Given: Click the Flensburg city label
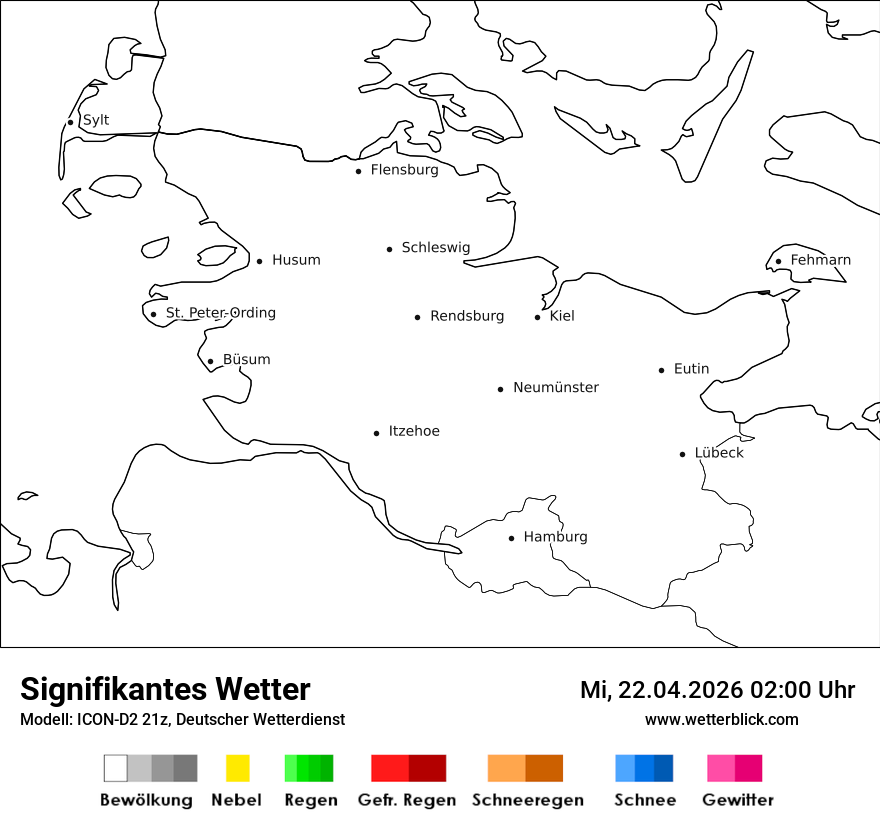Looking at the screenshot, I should tap(404, 170).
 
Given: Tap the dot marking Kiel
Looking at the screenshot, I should tap(538, 317).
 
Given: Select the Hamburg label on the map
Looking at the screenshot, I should tap(555, 537).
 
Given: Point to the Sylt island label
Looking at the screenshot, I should tap(96, 120).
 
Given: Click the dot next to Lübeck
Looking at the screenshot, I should tap(683, 454).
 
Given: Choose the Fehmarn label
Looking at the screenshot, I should tap(820, 260).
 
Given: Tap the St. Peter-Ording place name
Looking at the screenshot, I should tap(220, 313).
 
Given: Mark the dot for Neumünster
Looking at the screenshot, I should tap(501, 389).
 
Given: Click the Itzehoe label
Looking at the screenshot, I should tap(414, 431).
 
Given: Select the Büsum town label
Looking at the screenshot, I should tap(246, 360).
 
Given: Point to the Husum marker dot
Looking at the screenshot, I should tap(259, 261).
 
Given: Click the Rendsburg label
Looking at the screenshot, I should tap(467, 316).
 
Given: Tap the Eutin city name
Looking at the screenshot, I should tap(691, 369).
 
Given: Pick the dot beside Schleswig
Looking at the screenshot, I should tap(390, 249).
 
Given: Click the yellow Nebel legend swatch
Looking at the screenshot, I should tap(238, 768).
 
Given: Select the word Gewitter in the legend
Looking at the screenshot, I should tap(738, 800).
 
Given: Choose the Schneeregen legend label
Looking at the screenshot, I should tap(527, 800).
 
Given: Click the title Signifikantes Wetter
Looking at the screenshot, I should tap(165, 689).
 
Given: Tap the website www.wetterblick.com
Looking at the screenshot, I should tap(722, 719).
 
